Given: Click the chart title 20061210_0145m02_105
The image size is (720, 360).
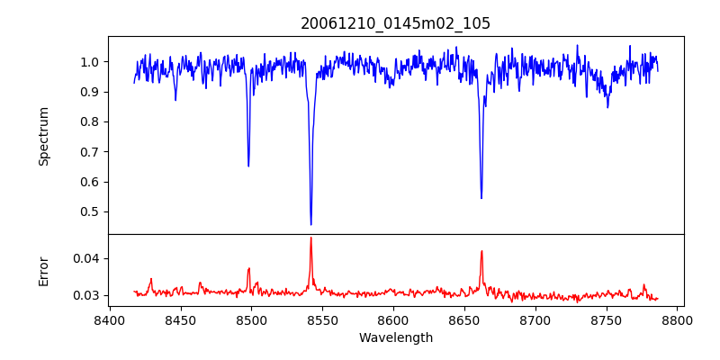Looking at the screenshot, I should pos(395,23).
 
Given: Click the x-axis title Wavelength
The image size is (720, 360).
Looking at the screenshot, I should pos(395,337).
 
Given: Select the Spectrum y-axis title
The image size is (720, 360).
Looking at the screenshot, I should pos(44,136).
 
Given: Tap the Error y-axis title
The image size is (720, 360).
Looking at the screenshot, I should pos(44,271).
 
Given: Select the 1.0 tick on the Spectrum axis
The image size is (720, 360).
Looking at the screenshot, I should pos(90,62).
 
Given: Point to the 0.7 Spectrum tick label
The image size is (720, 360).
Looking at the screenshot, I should pos(90,152).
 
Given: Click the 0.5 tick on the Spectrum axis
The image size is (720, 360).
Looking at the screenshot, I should pos(90,212).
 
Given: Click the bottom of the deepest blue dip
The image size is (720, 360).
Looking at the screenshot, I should pos(310,224).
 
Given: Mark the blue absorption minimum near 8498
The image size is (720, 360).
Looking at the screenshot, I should pos(248,166).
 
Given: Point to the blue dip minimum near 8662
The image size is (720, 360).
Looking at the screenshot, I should pos(481,198).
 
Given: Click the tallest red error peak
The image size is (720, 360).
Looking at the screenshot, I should pos(310,238).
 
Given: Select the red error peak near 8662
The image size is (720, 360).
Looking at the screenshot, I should pos(481,251).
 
